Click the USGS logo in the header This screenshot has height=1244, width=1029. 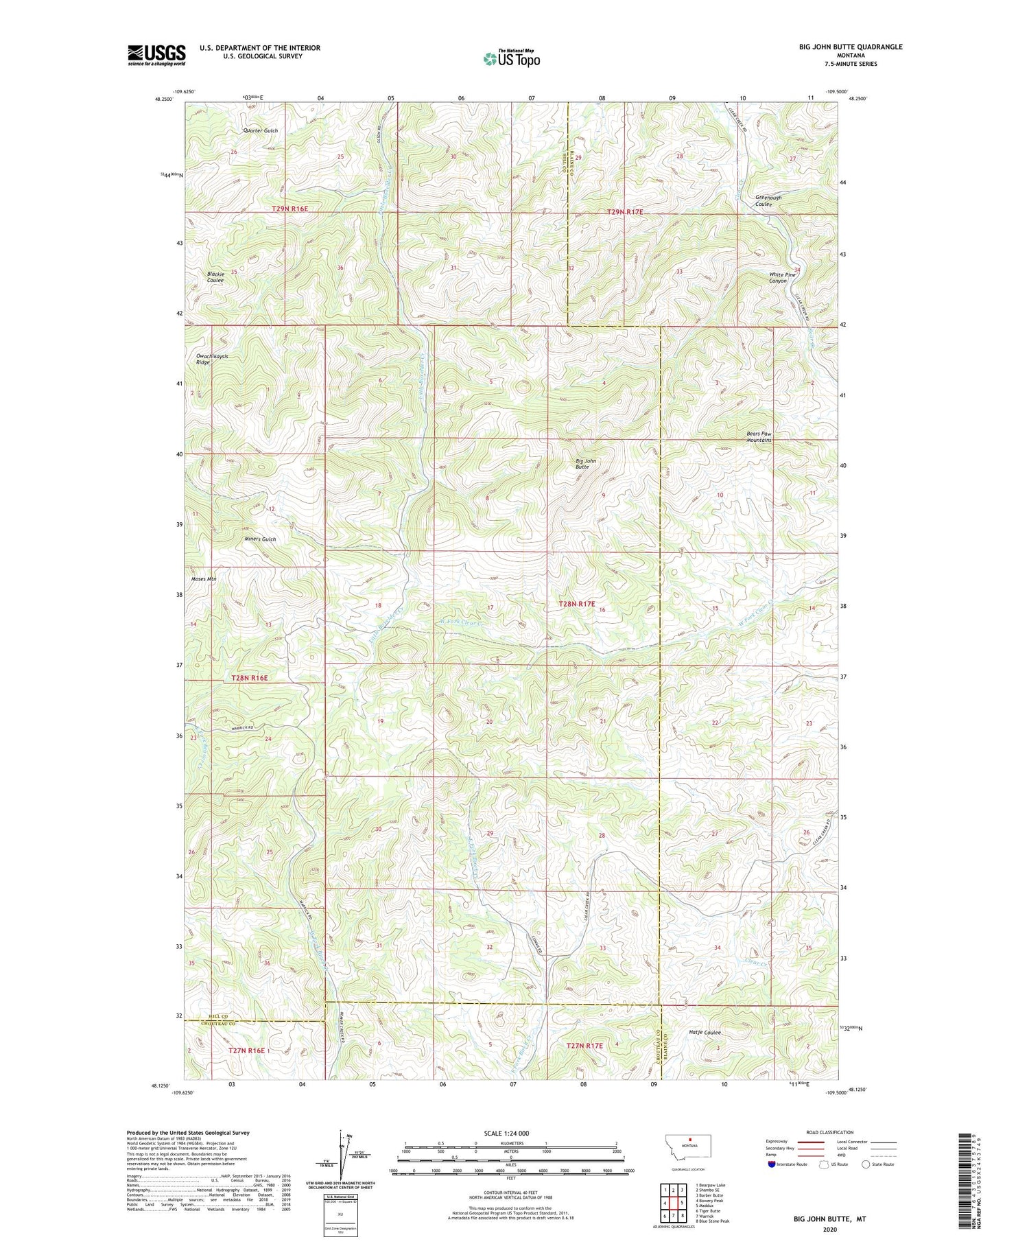click(x=156, y=55)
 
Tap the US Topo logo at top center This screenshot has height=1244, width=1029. click(x=511, y=59)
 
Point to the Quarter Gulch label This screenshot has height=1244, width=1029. click(x=261, y=130)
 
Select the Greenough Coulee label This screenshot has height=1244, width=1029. click(x=768, y=201)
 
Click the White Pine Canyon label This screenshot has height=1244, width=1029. click(x=782, y=278)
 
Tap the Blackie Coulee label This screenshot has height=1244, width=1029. click(x=215, y=277)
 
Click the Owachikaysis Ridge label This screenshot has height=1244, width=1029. click(x=212, y=359)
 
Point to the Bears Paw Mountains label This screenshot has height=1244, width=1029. click(x=759, y=436)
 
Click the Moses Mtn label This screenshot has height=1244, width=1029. click(x=204, y=579)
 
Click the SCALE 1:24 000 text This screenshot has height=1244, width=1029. click(x=511, y=1134)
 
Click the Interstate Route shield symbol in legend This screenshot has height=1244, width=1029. click(x=773, y=1164)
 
